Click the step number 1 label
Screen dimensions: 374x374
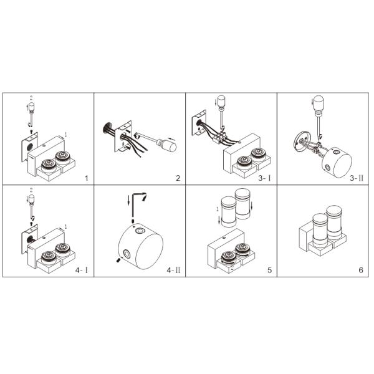[x=87, y=178]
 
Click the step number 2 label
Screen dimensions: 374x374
[x=178, y=178]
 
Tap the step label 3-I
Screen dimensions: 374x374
[x=264, y=178]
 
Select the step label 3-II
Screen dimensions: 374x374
[x=357, y=178]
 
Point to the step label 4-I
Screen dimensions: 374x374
[x=82, y=270]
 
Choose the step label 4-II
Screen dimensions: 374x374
[x=173, y=270]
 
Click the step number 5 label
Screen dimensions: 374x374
[x=269, y=270]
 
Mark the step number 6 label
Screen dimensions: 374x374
[x=361, y=270]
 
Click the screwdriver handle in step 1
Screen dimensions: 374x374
[x=31, y=107]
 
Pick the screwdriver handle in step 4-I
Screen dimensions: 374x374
[x=31, y=199]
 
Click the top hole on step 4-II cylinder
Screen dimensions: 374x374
[x=140, y=231]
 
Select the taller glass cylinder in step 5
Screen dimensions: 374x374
[x=242, y=204]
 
